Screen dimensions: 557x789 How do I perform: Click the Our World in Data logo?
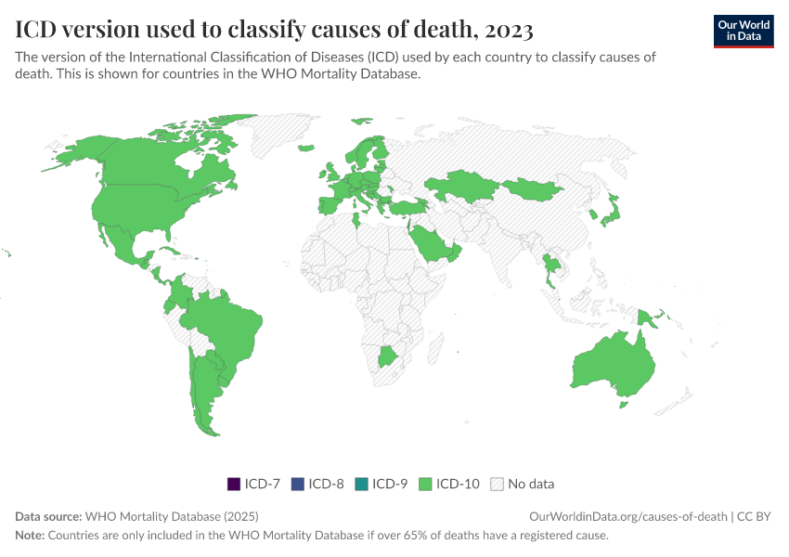[x=743, y=31]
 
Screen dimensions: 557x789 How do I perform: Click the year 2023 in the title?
[x=507, y=30]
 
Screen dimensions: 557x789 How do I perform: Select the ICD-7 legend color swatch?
[x=233, y=484]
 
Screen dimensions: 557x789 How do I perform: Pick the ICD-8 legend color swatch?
[x=297, y=484]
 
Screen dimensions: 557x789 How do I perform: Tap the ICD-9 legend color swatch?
[x=360, y=484]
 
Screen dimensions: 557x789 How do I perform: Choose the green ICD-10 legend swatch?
[x=425, y=484]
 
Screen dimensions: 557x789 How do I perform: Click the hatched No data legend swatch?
[x=498, y=484]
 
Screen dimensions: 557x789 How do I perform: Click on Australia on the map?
[x=613, y=362]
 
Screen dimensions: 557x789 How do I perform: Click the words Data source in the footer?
[x=48, y=516]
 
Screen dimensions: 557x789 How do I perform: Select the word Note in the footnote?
[x=30, y=536]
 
